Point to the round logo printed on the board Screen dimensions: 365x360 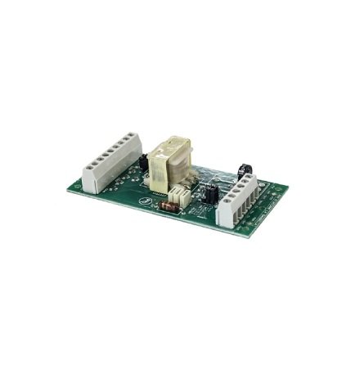tap(146, 197)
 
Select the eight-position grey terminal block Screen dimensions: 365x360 tap(110, 160)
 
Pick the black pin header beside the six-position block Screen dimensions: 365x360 tap(209, 193)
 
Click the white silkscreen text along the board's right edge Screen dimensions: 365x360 tap(263, 209)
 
